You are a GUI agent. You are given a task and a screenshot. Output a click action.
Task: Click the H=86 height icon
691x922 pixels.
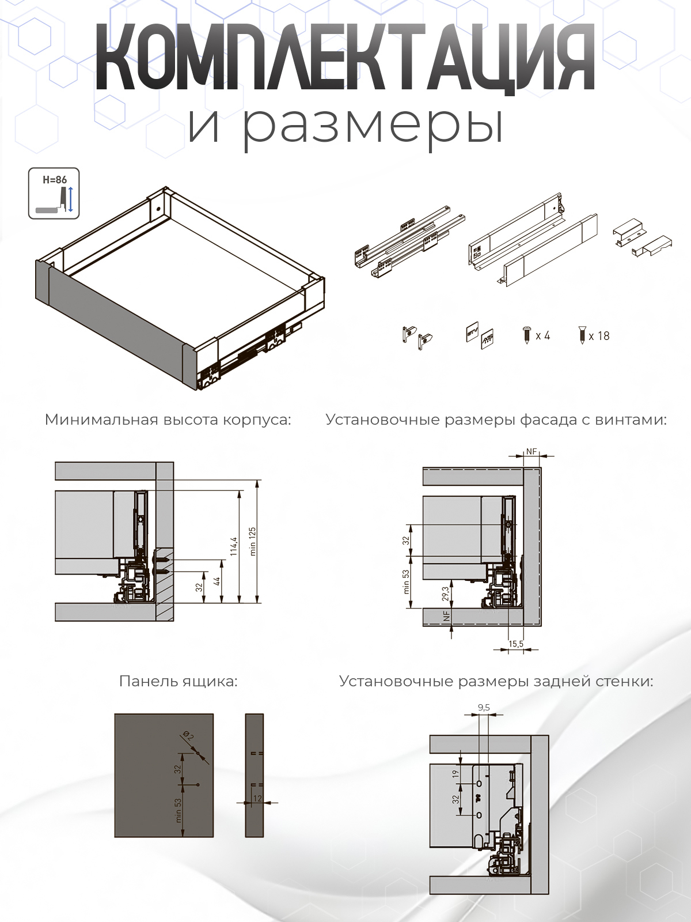tap(54, 194)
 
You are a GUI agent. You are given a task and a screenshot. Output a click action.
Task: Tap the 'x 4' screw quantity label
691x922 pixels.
tap(542, 336)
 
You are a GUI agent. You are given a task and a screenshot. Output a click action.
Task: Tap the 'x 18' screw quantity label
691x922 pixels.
tap(599, 336)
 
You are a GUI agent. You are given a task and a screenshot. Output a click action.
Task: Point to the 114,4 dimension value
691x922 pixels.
tap(233, 546)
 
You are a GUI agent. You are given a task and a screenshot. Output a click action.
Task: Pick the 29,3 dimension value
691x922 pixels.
tap(446, 594)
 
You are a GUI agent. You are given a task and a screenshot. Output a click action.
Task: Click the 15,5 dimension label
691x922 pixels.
tap(516, 644)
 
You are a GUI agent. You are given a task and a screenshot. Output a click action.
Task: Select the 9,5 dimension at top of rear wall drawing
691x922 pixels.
tap(484, 708)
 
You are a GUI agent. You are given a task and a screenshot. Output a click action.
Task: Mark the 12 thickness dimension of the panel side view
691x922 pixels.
tap(257, 798)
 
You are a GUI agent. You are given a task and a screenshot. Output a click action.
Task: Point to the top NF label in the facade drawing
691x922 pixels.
tap(531, 452)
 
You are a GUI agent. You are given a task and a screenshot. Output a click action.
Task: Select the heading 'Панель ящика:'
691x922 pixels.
tap(178, 681)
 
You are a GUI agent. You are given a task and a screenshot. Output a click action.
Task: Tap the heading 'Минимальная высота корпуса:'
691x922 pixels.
tap(168, 420)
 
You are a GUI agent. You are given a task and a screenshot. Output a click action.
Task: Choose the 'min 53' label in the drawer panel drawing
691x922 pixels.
tap(179, 810)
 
